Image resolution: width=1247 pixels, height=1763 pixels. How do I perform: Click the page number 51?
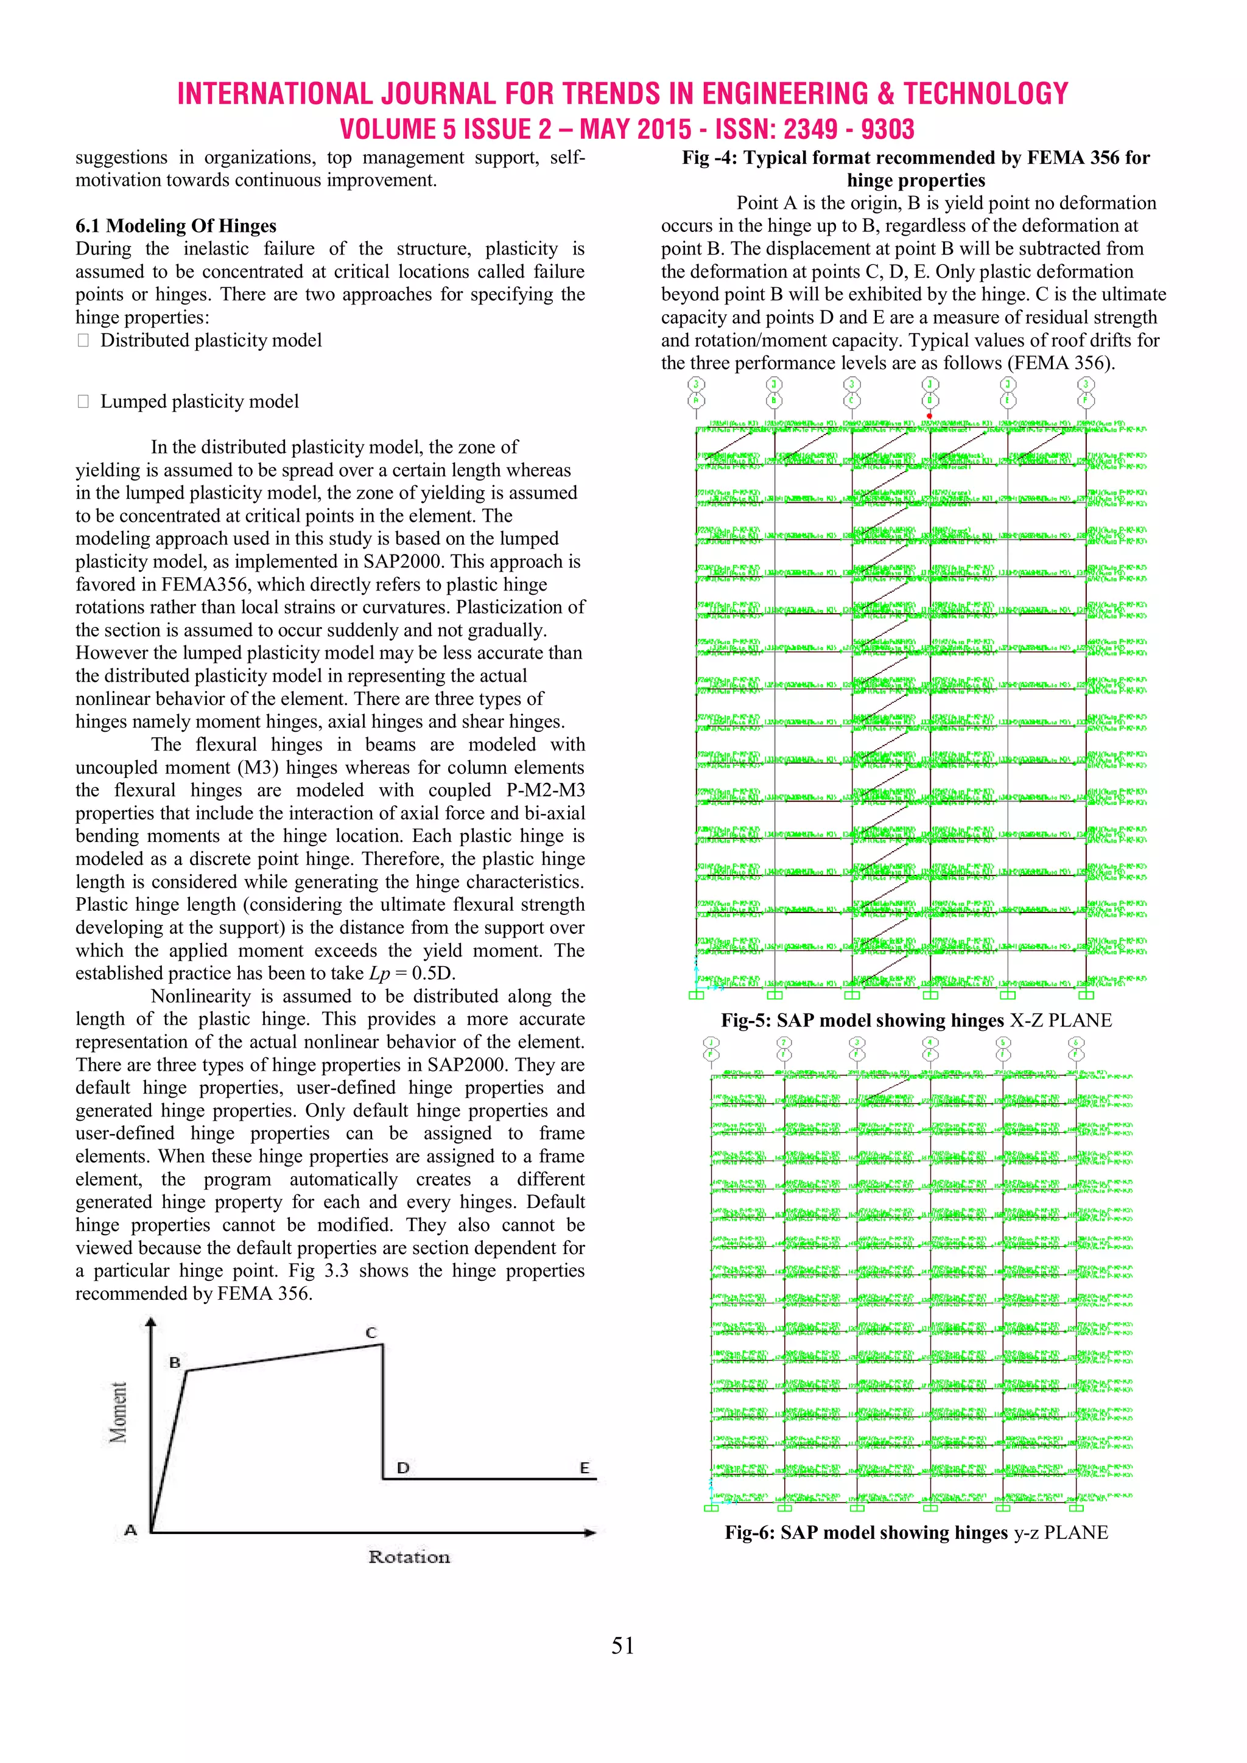point(623,1646)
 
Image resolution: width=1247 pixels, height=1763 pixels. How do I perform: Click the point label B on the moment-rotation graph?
point(175,1362)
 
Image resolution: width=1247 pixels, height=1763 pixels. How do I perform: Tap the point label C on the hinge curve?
point(371,1332)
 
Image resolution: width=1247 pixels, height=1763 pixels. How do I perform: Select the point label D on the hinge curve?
point(402,1467)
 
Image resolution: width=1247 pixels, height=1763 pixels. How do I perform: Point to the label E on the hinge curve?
point(585,1467)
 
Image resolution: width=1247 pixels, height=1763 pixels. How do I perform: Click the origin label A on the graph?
point(130,1530)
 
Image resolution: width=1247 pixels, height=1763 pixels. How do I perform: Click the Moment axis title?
point(118,1412)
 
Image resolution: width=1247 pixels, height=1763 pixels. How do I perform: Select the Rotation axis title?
point(409,1557)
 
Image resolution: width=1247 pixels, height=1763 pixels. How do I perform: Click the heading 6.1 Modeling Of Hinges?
point(176,226)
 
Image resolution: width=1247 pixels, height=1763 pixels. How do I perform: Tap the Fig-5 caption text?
point(916,1020)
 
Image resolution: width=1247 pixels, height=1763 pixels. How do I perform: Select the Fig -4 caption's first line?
point(916,158)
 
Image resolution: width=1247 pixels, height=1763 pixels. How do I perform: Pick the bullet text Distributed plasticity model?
point(211,340)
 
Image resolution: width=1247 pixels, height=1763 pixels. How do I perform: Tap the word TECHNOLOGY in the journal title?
point(985,94)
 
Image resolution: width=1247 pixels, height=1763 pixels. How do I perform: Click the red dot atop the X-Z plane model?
point(929,415)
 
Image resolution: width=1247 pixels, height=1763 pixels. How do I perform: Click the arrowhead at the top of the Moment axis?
point(151,1322)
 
